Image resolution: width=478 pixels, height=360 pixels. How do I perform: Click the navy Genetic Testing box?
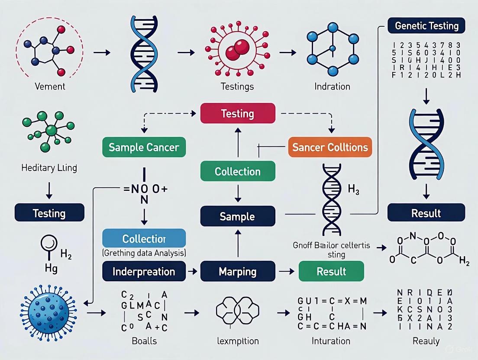click(426, 26)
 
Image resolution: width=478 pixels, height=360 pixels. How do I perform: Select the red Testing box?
click(238, 113)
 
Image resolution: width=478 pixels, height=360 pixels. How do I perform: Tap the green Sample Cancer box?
click(144, 148)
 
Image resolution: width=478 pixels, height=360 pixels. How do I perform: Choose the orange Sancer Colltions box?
click(330, 148)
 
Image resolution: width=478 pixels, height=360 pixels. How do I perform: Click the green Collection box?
click(238, 171)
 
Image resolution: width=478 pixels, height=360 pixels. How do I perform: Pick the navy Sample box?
click(238, 216)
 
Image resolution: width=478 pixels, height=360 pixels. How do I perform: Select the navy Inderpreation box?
click(144, 272)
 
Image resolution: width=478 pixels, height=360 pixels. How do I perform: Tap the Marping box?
click(238, 272)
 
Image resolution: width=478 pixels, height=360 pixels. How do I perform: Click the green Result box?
click(331, 272)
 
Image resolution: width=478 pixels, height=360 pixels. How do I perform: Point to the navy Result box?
click(426, 213)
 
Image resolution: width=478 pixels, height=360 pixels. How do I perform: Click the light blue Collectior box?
click(144, 238)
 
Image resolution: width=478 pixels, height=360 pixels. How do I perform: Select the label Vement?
click(50, 86)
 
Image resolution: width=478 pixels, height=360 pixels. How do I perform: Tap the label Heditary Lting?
click(49, 168)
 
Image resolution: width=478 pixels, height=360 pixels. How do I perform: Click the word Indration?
click(332, 87)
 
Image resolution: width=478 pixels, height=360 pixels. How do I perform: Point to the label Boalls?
click(144, 341)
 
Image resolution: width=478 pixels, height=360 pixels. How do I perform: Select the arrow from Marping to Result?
click(284, 272)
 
